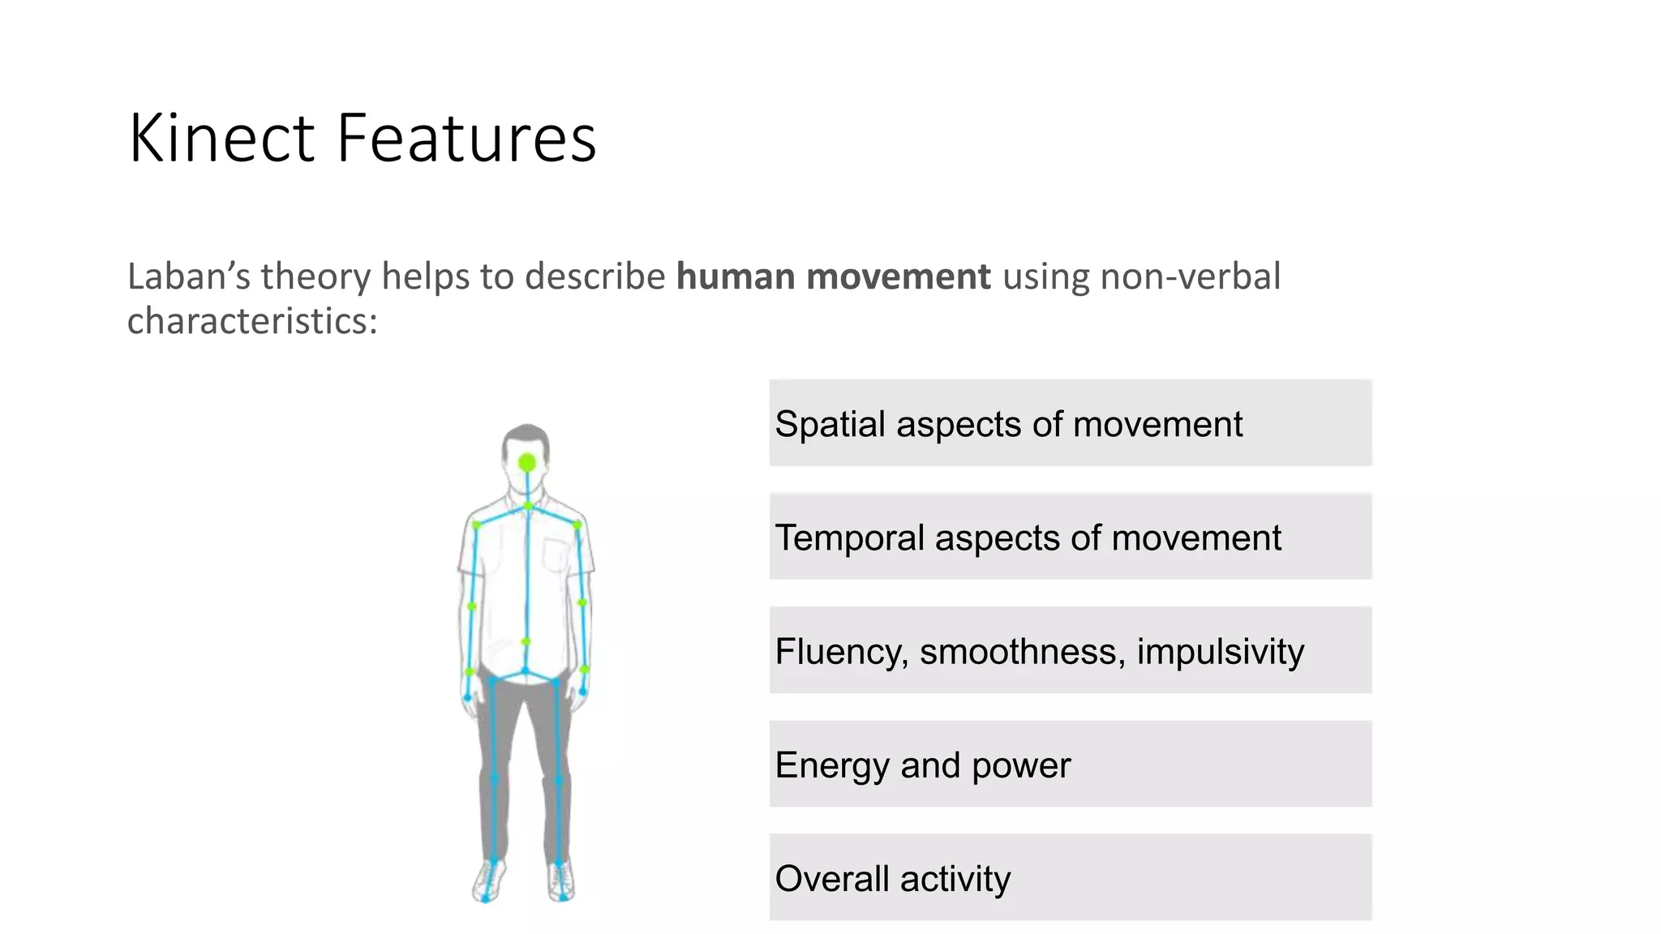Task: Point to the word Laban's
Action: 188,276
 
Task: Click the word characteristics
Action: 251,321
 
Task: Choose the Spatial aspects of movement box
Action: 1070,422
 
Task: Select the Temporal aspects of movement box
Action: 1070,536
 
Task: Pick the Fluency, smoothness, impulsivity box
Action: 1070,649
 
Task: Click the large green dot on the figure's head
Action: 527,463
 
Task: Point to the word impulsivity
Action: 1221,652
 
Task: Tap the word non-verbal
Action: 1190,276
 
